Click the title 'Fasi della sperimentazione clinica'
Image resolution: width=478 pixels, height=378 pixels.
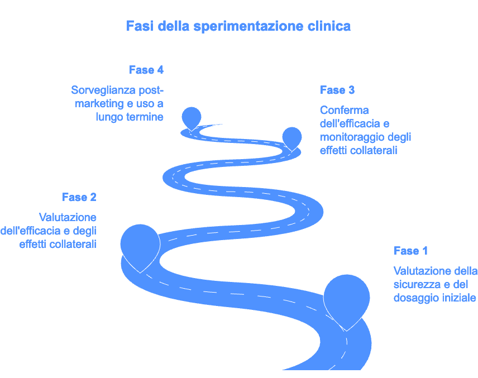tap(238, 26)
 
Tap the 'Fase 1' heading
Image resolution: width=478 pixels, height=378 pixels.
tap(410, 251)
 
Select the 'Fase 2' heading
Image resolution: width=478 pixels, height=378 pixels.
tap(79, 197)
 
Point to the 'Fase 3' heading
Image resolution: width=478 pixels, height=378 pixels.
tap(337, 90)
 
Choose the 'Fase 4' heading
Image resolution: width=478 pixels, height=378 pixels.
tap(146, 70)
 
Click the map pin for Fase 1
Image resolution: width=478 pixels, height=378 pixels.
tap(346, 299)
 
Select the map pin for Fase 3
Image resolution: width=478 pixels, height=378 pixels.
tap(291, 137)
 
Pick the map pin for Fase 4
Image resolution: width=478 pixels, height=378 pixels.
tap(192, 117)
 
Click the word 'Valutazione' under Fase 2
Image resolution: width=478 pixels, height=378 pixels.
tap(68, 217)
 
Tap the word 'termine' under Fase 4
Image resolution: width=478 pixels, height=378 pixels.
tap(145, 117)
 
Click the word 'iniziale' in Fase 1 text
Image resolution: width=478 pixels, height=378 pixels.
tap(460, 298)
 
